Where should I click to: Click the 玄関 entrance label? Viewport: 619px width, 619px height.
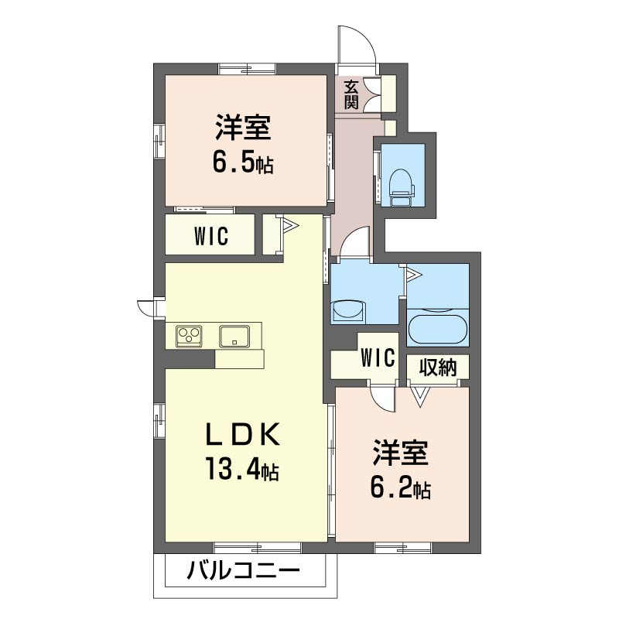tap(351, 94)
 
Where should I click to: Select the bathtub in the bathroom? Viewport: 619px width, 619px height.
tap(437, 328)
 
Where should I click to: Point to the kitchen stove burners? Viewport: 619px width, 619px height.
tap(189, 336)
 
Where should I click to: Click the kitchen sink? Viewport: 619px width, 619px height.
tap(234, 336)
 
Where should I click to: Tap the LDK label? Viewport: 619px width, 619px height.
tap(241, 435)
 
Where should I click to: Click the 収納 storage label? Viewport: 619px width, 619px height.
tap(438, 367)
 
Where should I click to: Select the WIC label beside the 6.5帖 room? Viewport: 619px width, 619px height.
tap(210, 234)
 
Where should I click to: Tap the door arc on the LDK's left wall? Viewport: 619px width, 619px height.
tap(146, 307)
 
